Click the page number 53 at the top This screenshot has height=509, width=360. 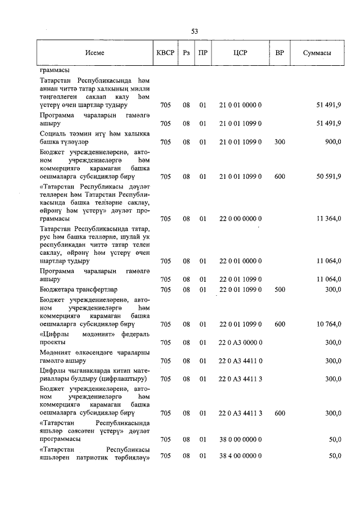[194, 31]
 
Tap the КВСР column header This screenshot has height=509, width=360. [165, 53]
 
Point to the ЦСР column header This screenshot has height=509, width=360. [240, 53]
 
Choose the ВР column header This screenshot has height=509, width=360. [280, 53]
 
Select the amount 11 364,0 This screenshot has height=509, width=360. [327, 218]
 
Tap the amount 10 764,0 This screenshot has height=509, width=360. [327, 324]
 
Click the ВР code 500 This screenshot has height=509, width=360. [280, 289]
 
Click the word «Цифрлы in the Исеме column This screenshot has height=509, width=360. [55, 334]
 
